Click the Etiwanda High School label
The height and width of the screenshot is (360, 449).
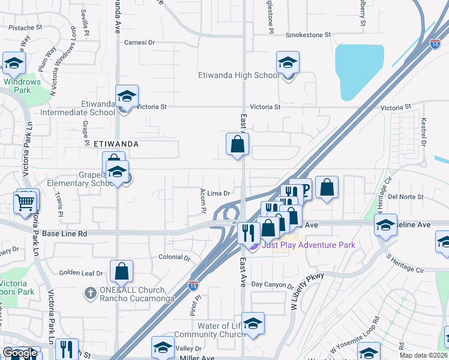(x=238, y=76)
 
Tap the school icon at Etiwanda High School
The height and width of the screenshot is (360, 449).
(x=288, y=62)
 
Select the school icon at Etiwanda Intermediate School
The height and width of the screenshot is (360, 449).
(x=127, y=96)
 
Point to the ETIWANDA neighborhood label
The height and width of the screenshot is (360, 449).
(x=116, y=145)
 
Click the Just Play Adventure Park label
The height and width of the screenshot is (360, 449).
(x=308, y=245)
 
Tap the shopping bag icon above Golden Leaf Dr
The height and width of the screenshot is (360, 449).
(x=122, y=272)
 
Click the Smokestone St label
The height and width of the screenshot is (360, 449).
(x=308, y=35)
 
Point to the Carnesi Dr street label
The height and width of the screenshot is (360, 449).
(x=139, y=43)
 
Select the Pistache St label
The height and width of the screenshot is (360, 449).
(x=25, y=27)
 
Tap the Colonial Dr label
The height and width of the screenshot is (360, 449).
(x=174, y=258)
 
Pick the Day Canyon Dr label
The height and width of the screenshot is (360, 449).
(x=273, y=284)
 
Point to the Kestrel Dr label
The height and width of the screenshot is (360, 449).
(x=423, y=132)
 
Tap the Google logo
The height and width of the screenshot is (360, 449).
(x=20, y=353)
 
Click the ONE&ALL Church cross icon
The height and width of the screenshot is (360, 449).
(x=89, y=292)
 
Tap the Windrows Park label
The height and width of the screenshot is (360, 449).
(x=22, y=86)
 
